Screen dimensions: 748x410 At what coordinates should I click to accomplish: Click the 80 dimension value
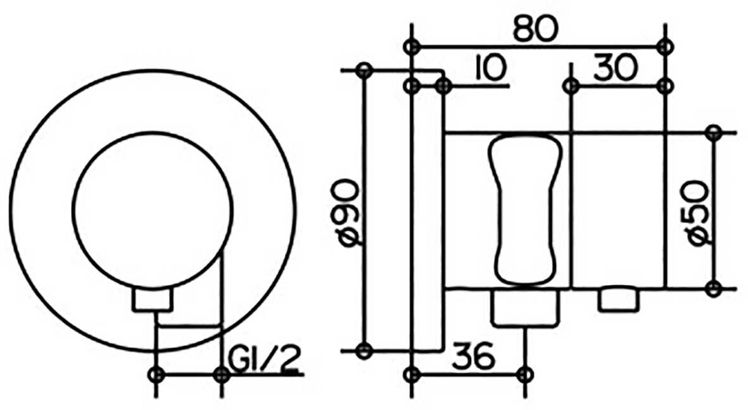click(535, 30)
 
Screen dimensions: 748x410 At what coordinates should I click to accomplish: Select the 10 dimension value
click(490, 68)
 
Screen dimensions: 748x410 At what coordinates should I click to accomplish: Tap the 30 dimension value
click(615, 68)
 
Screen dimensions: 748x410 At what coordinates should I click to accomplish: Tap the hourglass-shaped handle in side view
click(525, 208)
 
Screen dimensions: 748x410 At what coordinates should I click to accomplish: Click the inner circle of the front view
click(153, 210)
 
